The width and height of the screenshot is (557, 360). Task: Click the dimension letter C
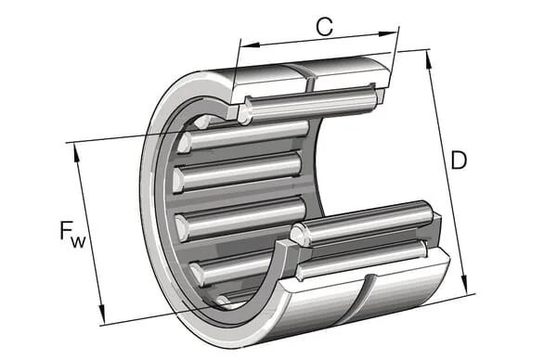(325, 26)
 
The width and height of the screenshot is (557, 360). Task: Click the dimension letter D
(459, 161)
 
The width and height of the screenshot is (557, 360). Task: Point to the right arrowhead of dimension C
(387, 34)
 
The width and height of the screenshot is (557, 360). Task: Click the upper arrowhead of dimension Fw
(77, 153)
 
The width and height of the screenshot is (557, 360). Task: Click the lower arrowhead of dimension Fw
(102, 314)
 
